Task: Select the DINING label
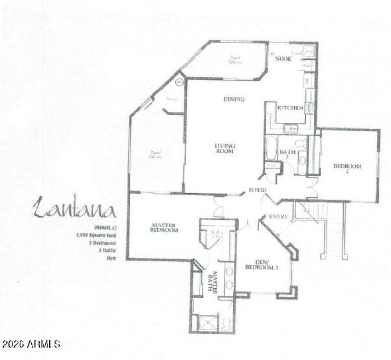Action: click(x=234, y=99)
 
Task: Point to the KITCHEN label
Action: click(x=290, y=108)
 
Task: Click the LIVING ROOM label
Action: click(x=225, y=148)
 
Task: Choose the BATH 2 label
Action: click(x=288, y=154)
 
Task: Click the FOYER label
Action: click(x=258, y=190)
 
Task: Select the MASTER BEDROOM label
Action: click(x=163, y=228)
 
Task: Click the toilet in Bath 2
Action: click(x=302, y=143)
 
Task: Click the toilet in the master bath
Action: click(x=226, y=323)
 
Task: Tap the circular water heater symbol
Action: click(x=179, y=82)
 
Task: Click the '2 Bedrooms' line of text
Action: click(x=102, y=242)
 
